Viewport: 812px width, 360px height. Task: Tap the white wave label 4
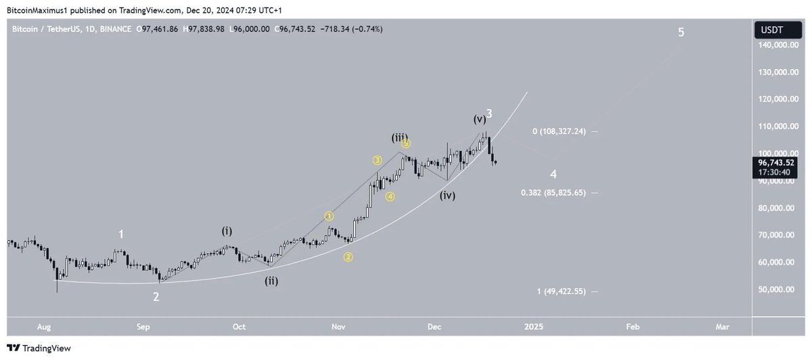[x=554, y=174]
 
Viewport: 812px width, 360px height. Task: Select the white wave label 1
[x=121, y=234]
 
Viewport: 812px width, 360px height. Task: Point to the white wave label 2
[x=156, y=296]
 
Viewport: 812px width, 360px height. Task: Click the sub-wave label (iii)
[x=399, y=137]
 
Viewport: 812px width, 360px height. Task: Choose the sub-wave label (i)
[x=227, y=231]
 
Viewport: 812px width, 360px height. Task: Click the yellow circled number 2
[x=348, y=256]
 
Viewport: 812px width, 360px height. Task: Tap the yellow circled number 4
[x=390, y=196]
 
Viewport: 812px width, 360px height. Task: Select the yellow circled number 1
[x=329, y=217]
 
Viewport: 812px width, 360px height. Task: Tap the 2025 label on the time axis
[x=534, y=326]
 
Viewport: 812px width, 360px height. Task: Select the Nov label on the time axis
[x=339, y=326]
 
